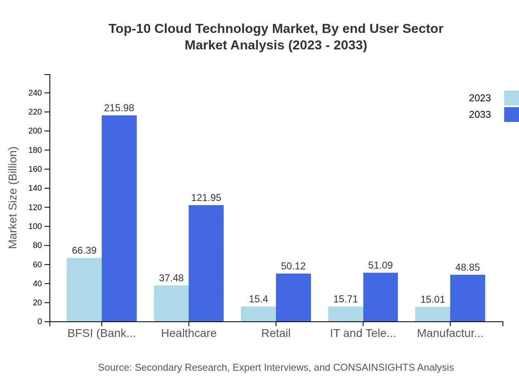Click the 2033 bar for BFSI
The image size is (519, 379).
coord(119,218)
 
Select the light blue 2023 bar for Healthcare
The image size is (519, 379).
coord(171,303)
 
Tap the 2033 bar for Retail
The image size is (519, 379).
coord(293,297)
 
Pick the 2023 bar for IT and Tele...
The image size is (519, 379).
coord(346,314)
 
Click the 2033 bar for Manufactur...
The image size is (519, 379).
coord(468,298)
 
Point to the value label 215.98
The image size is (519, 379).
coord(119,108)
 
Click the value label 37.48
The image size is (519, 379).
coord(171,278)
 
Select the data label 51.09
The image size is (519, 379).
coord(380,265)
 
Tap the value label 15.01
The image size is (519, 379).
coord(432,299)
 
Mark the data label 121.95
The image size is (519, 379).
coord(206,198)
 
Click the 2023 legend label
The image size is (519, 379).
coord(480,98)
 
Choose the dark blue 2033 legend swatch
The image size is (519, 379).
coord(511,115)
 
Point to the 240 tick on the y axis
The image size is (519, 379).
coord(35,93)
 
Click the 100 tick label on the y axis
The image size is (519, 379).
coord(35,227)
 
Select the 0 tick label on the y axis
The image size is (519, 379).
coord(40,322)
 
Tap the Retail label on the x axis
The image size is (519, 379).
coord(276,333)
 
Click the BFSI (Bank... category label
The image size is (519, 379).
coord(102,333)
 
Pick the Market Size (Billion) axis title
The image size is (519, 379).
coord(13,198)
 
